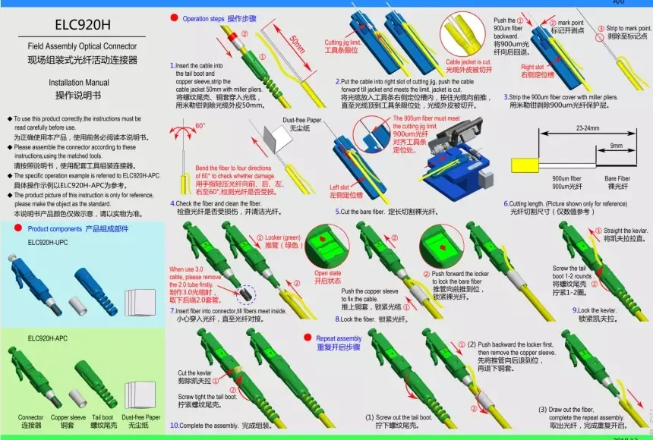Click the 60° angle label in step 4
tap(200, 126)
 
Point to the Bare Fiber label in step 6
tap(617, 178)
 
